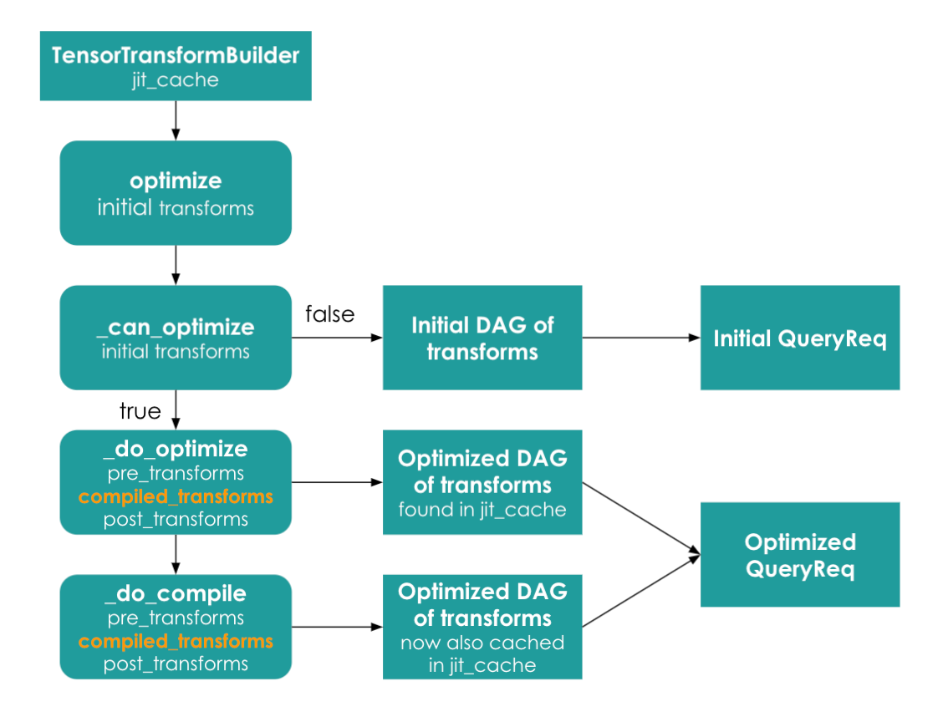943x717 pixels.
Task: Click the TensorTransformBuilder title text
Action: click(176, 55)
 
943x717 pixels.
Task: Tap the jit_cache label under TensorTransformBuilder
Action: click(176, 80)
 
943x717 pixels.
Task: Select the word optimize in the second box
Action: click(176, 181)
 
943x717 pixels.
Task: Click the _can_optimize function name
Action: click(176, 328)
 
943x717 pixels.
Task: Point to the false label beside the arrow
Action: click(329, 313)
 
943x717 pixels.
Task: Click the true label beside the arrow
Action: click(140, 411)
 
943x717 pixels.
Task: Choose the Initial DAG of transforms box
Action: click(482, 338)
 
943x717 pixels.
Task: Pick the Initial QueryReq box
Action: click(800, 338)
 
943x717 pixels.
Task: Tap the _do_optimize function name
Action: click(176, 449)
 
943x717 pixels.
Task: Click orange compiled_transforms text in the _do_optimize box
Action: click(176, 496)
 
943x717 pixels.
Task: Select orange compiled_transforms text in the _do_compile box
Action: click(176, 641)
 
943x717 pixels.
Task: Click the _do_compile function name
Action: click(176, 594)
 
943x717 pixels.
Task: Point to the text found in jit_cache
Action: click(482, 510)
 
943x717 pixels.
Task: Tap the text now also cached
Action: click(482, 643)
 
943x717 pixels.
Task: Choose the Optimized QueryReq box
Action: click(800, 555)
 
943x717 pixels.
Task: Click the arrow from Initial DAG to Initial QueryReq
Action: click(641, 338)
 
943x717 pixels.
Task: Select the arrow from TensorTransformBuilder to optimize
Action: click(176, 120)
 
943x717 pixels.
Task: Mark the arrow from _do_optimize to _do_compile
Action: click(176, 554)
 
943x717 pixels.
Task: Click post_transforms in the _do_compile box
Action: click(176, 664)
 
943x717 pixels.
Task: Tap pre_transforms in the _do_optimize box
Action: click(176, 474)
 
